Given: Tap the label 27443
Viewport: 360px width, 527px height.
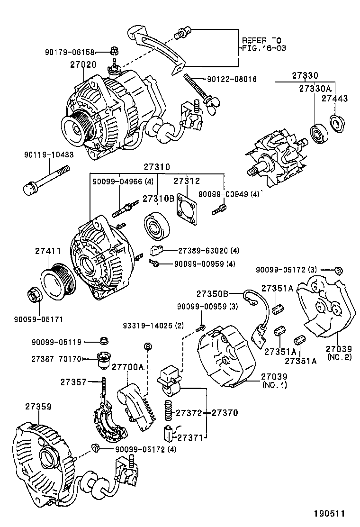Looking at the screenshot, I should (x=334, y=99).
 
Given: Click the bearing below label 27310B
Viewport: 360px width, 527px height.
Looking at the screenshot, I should (x=156, y=228).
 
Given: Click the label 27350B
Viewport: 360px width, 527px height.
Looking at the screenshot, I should (x=212, y=293).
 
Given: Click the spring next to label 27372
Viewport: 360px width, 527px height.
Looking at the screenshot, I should (x=168, y=410).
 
